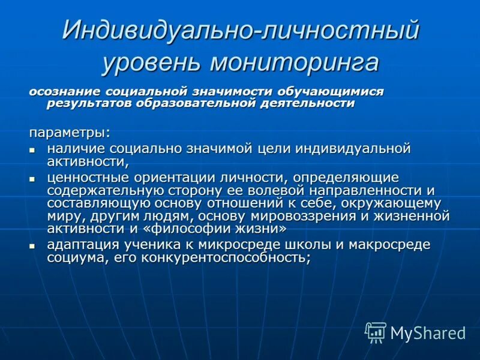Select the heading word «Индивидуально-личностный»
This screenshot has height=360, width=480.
coord(240,31)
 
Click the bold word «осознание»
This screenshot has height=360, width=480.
coord(65,92)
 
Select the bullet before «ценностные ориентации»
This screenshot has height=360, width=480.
coord(34,179)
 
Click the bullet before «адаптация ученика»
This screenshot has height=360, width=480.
coord(34,246)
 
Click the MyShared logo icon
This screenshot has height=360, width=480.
coord(376,332)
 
